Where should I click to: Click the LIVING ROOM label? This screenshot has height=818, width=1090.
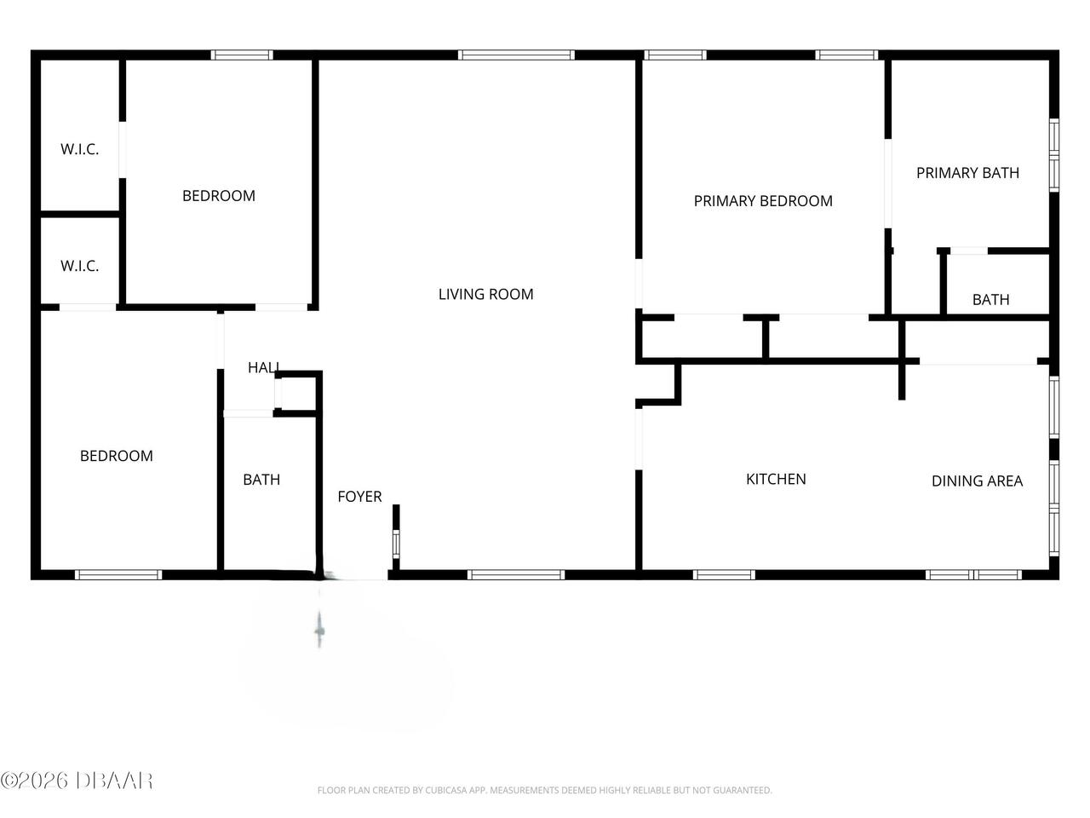(485, 294)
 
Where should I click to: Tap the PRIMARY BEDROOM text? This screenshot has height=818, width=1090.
(763, 201)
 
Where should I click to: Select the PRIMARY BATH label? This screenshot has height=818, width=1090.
(967, 173)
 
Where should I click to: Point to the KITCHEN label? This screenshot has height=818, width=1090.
(776, 479)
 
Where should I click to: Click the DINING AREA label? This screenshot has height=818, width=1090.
(977, 481)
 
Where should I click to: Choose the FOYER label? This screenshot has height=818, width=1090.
(359, 497)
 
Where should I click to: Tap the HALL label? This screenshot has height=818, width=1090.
(264, 367)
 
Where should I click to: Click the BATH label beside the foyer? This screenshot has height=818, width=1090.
(261, 480)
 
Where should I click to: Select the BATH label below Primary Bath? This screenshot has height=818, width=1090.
(990, 299)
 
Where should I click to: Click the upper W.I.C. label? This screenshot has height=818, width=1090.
(79, 149)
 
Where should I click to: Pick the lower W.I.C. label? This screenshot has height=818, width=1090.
(79, 266)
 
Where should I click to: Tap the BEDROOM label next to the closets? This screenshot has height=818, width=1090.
(219, 196)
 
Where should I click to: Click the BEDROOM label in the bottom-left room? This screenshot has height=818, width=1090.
(117, 456)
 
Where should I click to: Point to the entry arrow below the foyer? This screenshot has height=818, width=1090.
(320, 630)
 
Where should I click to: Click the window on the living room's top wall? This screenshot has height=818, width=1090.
(516, 55)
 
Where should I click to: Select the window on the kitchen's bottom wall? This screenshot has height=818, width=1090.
(724, 575)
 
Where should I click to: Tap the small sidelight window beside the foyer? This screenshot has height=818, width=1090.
(395, 543)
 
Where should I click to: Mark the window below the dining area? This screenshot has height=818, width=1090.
(973, 575)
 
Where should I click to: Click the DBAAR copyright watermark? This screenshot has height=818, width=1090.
(77, 780)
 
